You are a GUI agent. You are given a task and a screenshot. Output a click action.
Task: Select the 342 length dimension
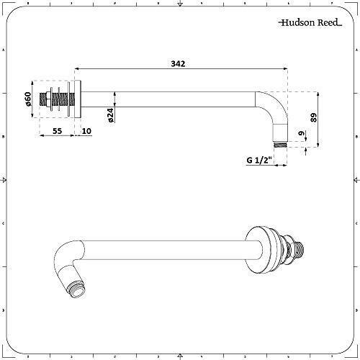[x=178, y=65]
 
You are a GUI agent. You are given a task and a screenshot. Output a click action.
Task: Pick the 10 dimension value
[x=86, y=131]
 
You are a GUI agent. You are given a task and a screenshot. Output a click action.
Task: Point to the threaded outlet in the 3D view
[x=69, y=287]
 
